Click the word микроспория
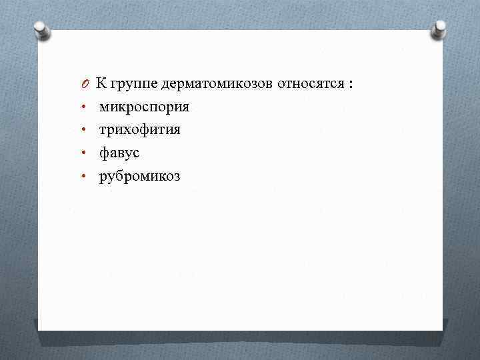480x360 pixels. pyautogui.click(x=144, y=107)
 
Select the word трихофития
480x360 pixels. pyautogui.click(x=140, y=130)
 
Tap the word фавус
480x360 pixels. pyautogui.click(x=119, y=153)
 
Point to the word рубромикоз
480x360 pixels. pyautogui.click(x=140, y=177)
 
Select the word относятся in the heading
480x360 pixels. pyautogui.click(x=309, y=84)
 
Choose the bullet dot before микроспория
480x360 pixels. pyautogui.click(x=85, y=107)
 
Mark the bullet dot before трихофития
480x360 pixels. pyautogui.click(x=85, y=131)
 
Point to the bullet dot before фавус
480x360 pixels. pyautogui.click(x=85, y=154)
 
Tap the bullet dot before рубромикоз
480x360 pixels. pyautogui.click(x=85, y=177)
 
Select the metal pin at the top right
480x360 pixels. pyautogui.click(x=439, y=28)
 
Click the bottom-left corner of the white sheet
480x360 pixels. pyautogui.click(x=39, y=329)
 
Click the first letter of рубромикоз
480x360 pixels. pyautogui.click(x=103, y=178)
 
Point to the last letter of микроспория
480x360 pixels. pyautogui.click(x=185, y=107)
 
